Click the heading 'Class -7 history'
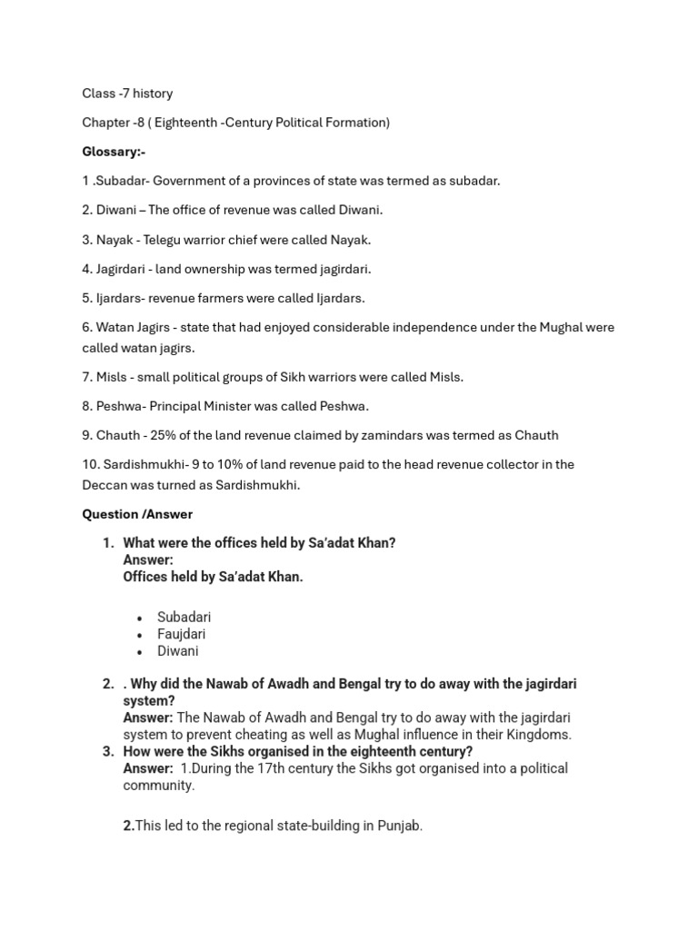click(127, 94)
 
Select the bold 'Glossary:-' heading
click(114, 152)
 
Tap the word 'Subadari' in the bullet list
click(184, 617)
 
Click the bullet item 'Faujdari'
click(182, 634)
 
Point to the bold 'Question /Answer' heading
click(137, 514)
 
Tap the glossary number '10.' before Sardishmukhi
click(91, 464)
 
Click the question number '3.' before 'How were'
click(108, 751)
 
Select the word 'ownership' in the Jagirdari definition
click(217, 269)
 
